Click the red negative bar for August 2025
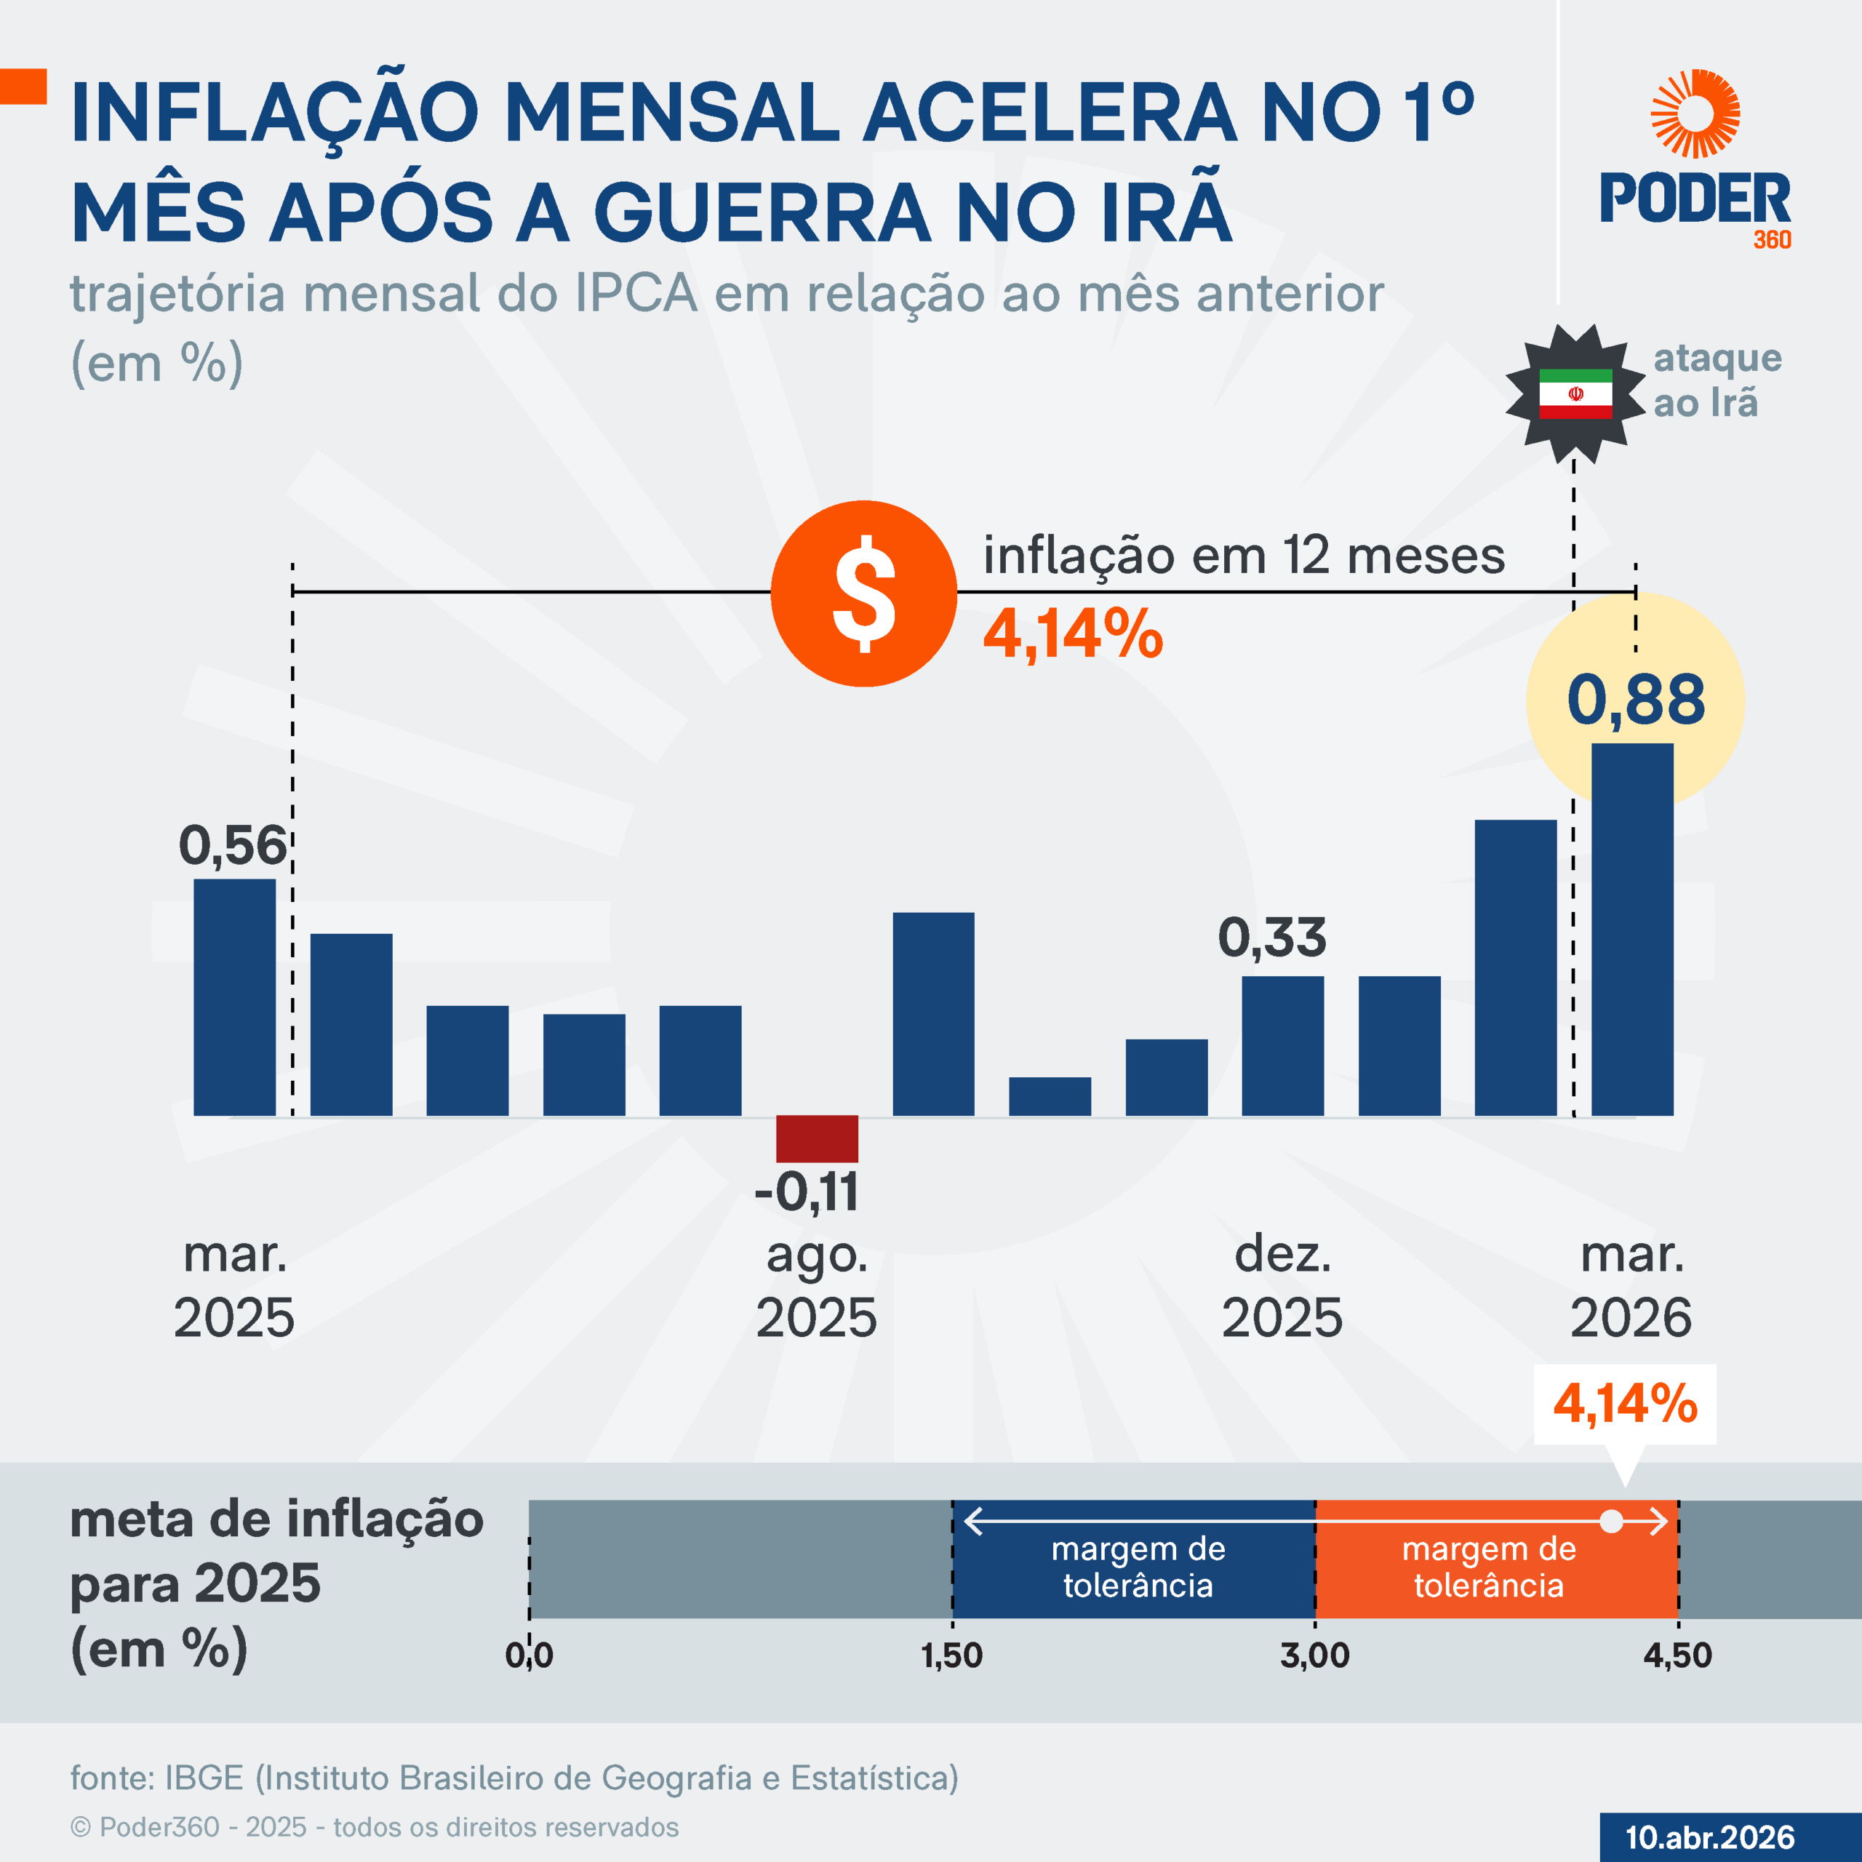tap(818, 1138)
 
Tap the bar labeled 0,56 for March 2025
tap(234, 997)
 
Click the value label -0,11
tap(807, 1192)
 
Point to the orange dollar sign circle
tap(863, 594)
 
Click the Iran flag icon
tap(1575, 393)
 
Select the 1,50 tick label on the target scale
tap(951, 1655)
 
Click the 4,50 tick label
tap(1677, 1655)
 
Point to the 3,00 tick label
tap(1314, 1655)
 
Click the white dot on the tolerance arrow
tap(1610, 1522)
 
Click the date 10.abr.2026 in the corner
tap(1710, 1837)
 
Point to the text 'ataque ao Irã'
tap(1717, 380)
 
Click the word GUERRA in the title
tap(762, 212)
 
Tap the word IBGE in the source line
tap(204, 1778)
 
